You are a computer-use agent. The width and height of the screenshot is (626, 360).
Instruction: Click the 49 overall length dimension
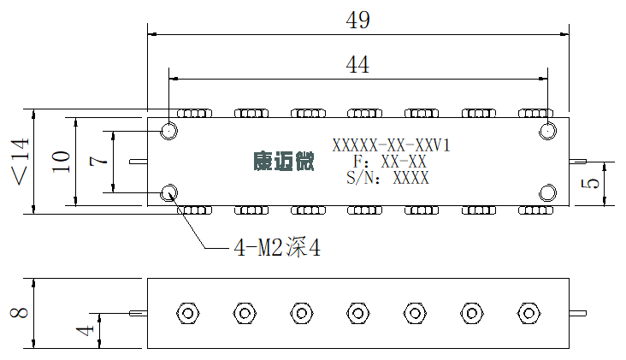357,20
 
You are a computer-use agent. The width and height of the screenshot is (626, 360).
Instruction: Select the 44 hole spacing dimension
357,65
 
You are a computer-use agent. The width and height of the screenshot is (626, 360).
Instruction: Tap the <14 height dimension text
20,162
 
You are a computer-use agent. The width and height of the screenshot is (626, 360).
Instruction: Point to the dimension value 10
61,162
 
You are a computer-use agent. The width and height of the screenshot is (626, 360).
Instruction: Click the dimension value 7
98,161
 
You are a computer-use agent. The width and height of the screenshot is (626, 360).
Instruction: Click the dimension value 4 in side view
85,330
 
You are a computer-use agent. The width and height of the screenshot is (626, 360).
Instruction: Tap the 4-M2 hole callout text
277,247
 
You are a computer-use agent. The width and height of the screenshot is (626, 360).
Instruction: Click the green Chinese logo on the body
284,162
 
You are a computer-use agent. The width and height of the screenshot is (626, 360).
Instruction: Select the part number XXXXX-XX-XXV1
392,145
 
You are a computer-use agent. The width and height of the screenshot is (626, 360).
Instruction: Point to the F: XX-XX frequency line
390,162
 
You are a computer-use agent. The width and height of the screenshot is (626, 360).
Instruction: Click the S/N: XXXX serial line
387,178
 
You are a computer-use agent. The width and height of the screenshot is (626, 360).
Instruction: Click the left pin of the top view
139,162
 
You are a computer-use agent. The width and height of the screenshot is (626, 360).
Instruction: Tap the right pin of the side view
578,313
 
